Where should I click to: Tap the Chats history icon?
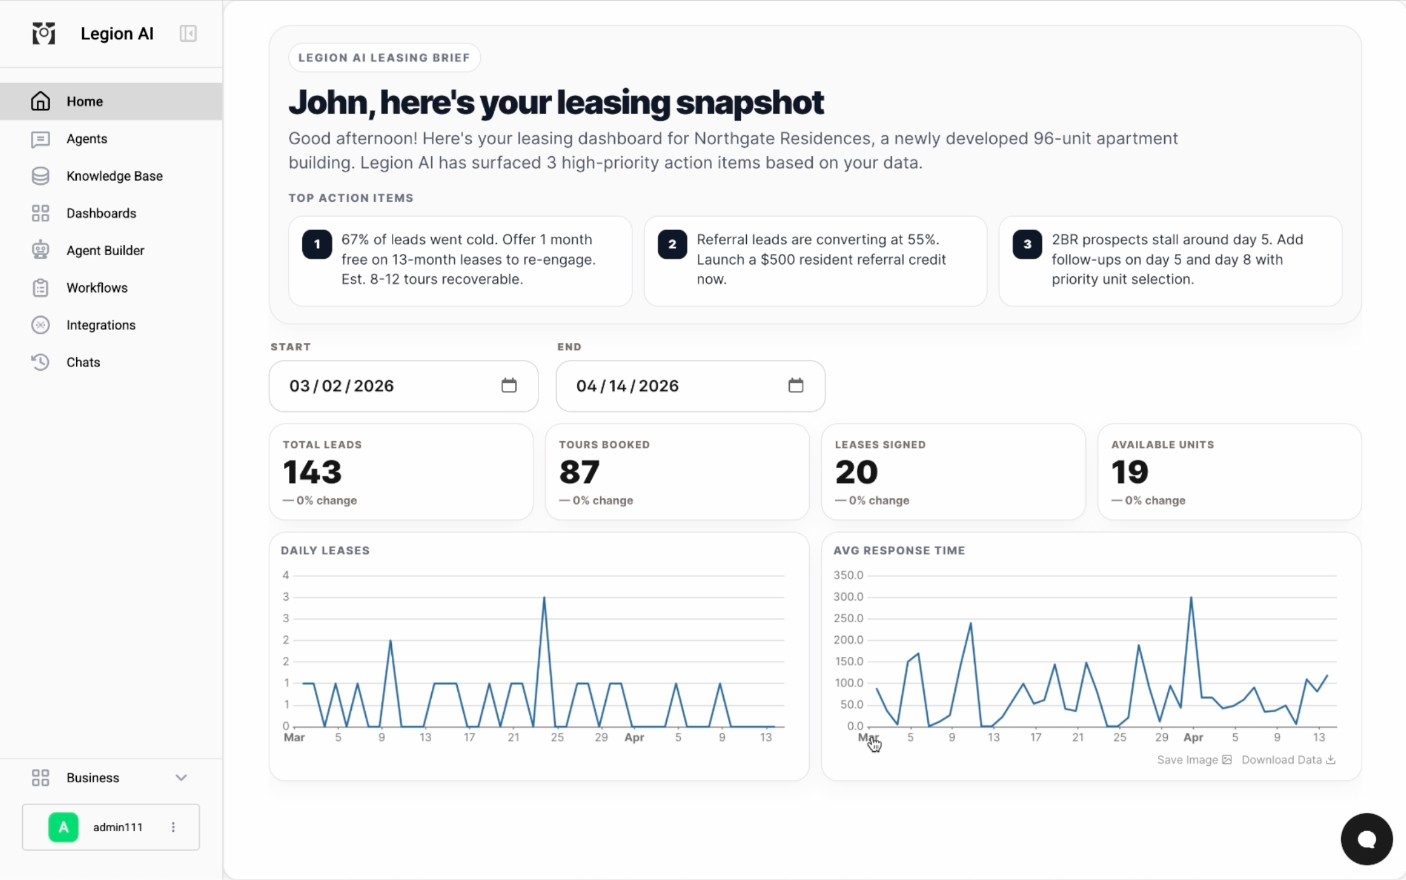point(40,362)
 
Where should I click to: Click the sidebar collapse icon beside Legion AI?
point(188,34)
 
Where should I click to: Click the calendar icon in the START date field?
point(509,385)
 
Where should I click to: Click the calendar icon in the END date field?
point(796,385)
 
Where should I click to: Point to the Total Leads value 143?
point(312,472)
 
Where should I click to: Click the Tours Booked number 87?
point(579,472)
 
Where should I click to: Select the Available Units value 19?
point(1130,472)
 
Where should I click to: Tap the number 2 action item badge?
point(672,244)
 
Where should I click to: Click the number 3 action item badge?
point(1027,244)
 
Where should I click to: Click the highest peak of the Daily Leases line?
point(544,597)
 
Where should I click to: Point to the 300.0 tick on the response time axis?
point(848,597)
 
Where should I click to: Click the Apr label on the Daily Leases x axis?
point(634,737)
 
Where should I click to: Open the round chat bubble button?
point(1367,839)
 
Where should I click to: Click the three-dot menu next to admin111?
point(173,827)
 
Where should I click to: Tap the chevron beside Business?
point(181,778)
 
